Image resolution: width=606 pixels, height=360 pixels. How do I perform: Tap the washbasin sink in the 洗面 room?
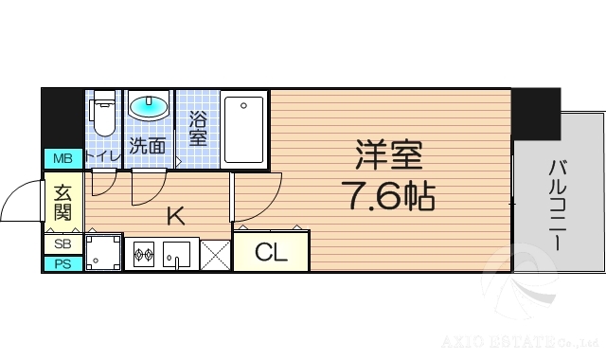pyautogui.click(x=148, y=108)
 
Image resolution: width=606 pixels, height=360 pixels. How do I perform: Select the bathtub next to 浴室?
pyautogui.click(x=245, y=129)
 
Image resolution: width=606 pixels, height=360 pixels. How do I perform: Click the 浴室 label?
pyautogui.click(x=198, y=130)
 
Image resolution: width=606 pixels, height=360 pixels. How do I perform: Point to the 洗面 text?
pyautogui.click(x=148, y=146)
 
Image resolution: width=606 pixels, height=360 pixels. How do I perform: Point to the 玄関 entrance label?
pyautogui.click(x=62, y=200)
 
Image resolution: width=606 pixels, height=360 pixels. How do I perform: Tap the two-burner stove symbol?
pyautogui.click(x=144, y=254)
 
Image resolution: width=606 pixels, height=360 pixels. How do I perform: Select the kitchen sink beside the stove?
pyautogui.click(x=176, y=254)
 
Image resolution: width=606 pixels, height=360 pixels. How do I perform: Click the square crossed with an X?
pyautogui.click(x=216, y=254)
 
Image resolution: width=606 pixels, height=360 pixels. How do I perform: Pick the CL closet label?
pyautogui.click(x=271, y=252)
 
